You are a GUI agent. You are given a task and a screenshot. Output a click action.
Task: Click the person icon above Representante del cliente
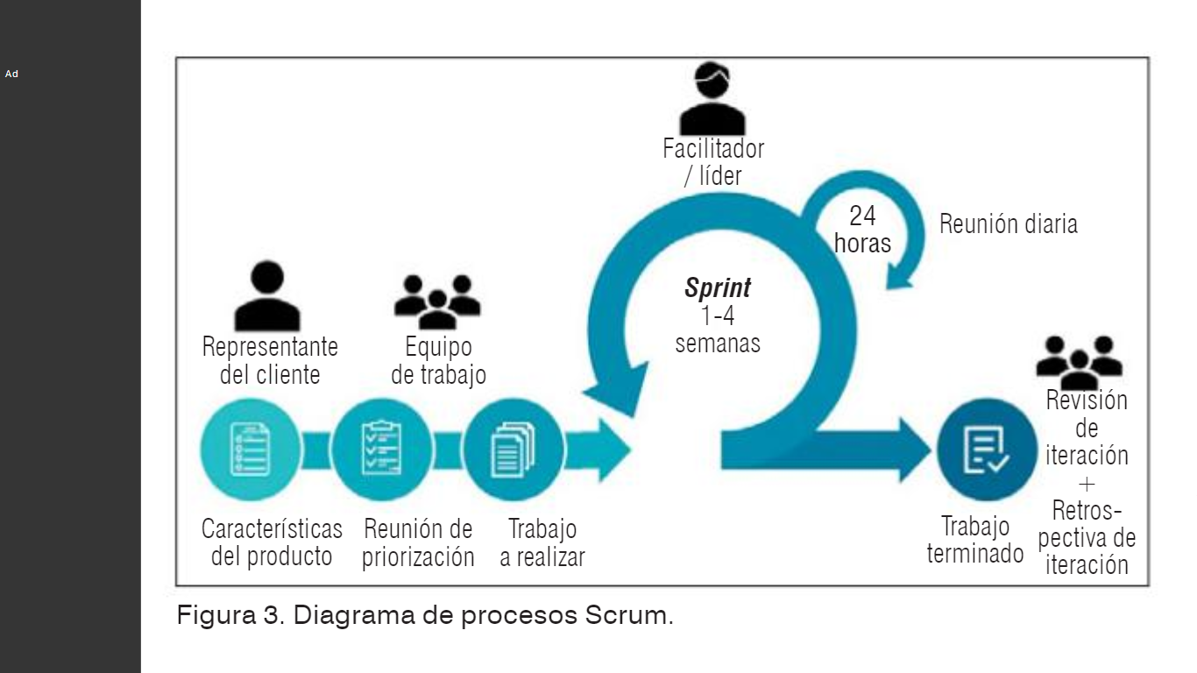(267, 296)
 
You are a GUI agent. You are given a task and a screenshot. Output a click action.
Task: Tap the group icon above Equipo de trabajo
(437, 301)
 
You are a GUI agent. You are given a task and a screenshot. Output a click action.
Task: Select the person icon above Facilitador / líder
(712, 98)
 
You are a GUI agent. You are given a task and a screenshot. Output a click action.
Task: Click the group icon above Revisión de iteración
(1079, 360)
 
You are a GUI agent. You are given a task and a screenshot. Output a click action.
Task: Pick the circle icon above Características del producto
(251, 449)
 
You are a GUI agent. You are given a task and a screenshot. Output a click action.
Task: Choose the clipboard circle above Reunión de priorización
(382, 449)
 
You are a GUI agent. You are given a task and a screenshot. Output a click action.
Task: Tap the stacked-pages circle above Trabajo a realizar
(513, 449)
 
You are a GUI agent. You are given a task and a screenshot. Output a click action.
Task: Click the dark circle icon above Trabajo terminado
(987, 449)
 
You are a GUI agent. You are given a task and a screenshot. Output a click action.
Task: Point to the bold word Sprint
(718, 288)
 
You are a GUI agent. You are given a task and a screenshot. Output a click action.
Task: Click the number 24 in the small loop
(862, 216)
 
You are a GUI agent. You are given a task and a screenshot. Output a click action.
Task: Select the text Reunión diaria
(1008, 224)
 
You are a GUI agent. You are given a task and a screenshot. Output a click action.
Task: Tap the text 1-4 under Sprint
(718, 315)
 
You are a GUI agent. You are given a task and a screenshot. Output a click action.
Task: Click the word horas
(862, 243)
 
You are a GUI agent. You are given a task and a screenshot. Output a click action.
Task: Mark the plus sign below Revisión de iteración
(1087, 484)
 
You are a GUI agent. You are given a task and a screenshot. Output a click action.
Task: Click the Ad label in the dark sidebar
(11, 74)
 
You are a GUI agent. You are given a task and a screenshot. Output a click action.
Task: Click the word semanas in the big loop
(718, 343)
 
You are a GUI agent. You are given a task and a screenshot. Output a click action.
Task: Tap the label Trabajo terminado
(975, 540)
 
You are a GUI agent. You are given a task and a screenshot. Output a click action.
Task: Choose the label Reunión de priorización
(418, 542)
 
